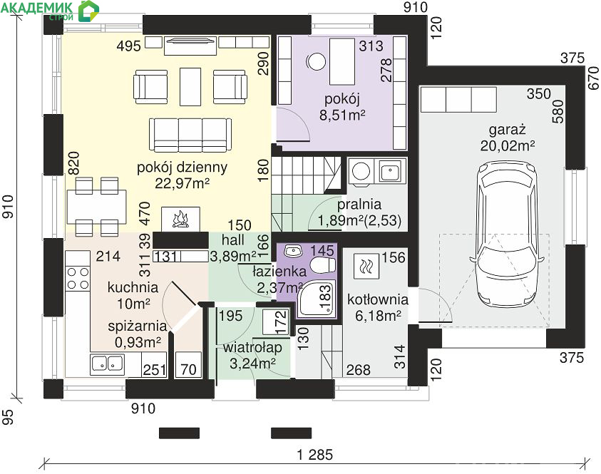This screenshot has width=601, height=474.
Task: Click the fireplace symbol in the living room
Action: tap(180, 220)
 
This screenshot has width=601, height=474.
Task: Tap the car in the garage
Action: tap(507, 234)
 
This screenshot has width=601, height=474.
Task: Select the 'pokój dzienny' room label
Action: tap(182, 168)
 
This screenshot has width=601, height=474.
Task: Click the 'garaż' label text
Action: tap(507, 130)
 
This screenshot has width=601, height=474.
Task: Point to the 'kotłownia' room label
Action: tap(378, 299)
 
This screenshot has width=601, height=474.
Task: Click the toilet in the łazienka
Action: tap(322, 264)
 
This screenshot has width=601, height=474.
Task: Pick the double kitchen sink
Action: tap(108, 364)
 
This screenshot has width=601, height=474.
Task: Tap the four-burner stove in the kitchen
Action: tap(78, 278)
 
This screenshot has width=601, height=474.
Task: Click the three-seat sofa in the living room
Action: tap(190, 135)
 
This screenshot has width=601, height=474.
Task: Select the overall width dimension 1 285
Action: tap(315, 455)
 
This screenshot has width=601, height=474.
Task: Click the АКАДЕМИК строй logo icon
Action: tap(88, 11)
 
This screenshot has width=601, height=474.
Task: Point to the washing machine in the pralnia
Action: tap(361, 171)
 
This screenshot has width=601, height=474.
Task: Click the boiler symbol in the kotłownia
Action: tap(366, 266)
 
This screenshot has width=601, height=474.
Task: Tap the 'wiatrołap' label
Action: tap(252, 348)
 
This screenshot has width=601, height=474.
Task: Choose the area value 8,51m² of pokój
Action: tap(342, 115)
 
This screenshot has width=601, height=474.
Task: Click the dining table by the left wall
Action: tap(96, 207)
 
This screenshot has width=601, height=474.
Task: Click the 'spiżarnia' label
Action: tap(137, 326)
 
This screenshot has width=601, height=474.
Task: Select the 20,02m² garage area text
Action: tap(508, 146)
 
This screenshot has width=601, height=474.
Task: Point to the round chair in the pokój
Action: tap(317, 61)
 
